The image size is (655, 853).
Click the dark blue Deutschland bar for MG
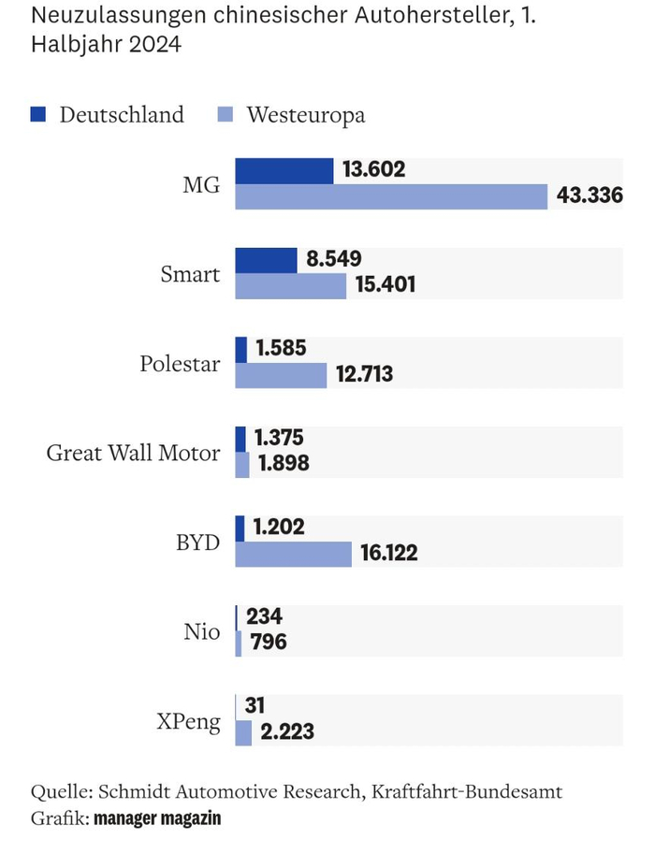(284, 170)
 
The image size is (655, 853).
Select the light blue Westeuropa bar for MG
(390, 196)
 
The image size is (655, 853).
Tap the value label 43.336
(589, 197)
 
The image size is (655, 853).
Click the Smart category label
(190, 274)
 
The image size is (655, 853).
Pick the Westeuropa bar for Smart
(290, 285)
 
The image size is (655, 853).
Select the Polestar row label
(180, 363)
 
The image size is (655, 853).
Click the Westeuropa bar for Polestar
(281, 375)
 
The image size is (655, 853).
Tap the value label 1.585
(281, 349)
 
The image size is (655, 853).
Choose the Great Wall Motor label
(133, 453)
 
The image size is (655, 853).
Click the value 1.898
(284, 464)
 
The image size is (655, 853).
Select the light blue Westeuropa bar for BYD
(293, 554)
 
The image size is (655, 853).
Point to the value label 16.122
(389, 554)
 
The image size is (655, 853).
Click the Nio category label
(201, 631)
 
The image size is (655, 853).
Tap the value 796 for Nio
(268, 643)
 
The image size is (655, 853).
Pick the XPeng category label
(190, 721)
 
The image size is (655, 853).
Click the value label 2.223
(287, 732)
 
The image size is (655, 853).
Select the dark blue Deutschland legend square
(38, 115)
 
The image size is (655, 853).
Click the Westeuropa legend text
(306, 115)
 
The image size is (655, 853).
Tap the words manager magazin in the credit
(157, 818)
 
